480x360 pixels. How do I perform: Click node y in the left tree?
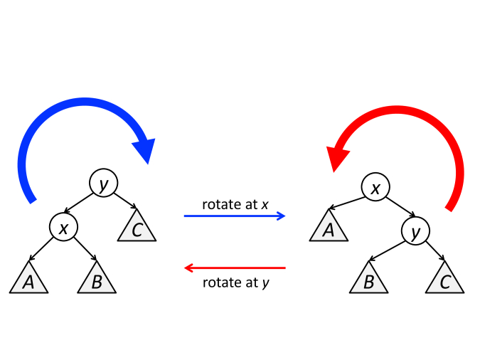pyautogui.click(x=103, y=184)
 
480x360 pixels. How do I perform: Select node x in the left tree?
pyautogui.click(x=63, y=228)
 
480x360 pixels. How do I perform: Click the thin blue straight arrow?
pyautogui.click(x=235, y=215)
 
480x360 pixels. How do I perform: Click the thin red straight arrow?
pyautogui.click(x=235, y=268)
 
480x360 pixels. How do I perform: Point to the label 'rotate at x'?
pyautogui.click(x=235, y=205)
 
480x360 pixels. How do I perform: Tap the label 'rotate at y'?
pyautogui.click(x=235, y=282)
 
